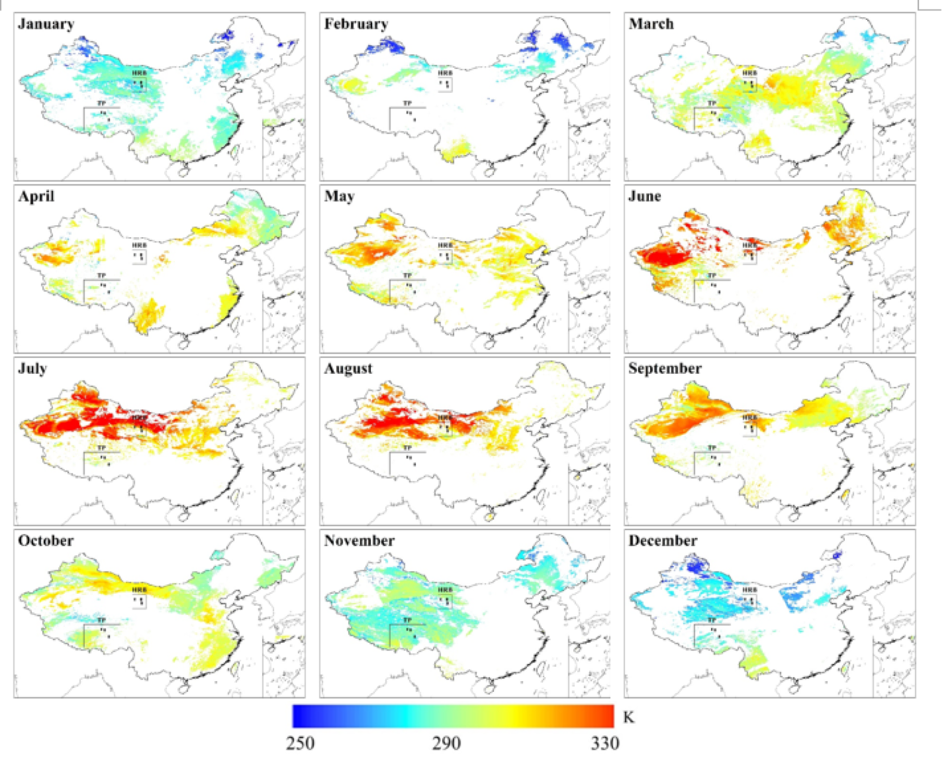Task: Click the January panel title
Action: coord(46,24)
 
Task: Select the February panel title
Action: coord(356,24)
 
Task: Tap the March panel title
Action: coord(651,24)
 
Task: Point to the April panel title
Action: coord(36,196)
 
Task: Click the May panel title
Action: coord(340,196)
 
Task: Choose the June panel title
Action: coord(645,196)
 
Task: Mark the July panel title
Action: coord(33,369)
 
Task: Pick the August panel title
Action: coord(348,369)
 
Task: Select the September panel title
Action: coord(665,369)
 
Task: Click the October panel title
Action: coord(46,541)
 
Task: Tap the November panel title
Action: coord(359,541)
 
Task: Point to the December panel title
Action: coord(663,541)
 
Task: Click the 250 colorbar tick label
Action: coord(300,743)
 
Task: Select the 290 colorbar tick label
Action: coord(446,743)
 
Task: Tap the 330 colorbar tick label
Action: coord(605,743)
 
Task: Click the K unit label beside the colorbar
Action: coord(629,717)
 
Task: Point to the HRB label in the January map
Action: coord(139,72)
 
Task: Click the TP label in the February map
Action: coord(407,103)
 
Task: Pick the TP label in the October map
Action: coord(101,620)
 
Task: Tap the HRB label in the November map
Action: coord(445,590)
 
